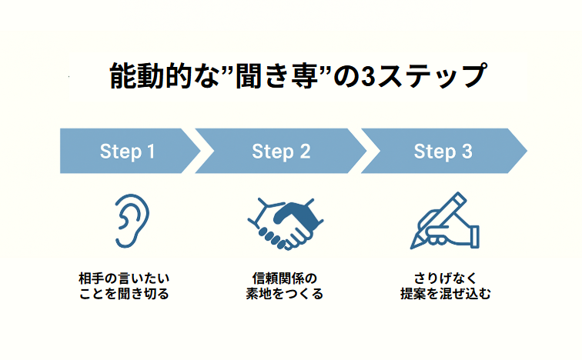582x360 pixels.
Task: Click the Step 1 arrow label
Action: (127, 152)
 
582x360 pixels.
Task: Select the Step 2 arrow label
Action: (281, 152)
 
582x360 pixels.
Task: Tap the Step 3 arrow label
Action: (443, 152)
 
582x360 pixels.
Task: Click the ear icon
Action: (132, 221)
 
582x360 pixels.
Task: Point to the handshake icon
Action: (285, 224)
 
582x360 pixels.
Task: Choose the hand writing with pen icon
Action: (445, 221)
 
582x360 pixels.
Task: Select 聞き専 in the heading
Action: (276, 76)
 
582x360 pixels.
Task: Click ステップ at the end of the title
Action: (432, 76)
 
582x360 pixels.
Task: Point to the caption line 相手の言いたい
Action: (124, 278)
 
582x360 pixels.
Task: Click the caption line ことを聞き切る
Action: (124, 294)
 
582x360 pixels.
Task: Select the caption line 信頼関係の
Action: (285, 278)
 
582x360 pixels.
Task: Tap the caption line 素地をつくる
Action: (285, 294)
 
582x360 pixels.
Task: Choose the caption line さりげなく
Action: (445, 278)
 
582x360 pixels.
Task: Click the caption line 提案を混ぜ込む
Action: (446, 294)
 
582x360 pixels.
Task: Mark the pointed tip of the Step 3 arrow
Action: (527, 151)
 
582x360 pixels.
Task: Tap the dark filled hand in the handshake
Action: (297, 216)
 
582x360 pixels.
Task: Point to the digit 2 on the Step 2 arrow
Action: (305, 152)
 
